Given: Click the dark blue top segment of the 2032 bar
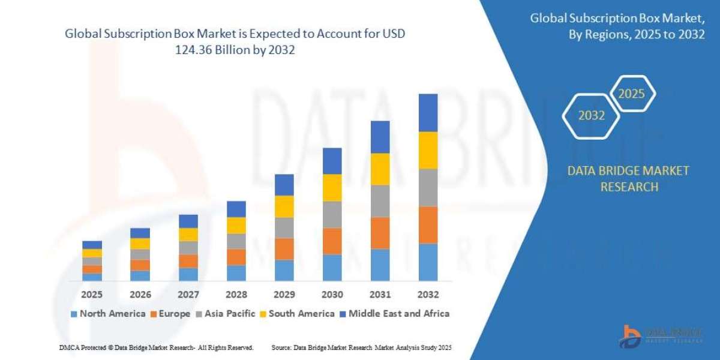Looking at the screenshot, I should click(428, 113).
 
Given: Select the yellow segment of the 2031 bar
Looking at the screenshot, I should click(380, 169).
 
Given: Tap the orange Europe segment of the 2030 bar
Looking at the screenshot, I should click(332, 241).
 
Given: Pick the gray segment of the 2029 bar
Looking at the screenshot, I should click(284, 227).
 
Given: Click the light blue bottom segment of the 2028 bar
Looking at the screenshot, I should click(236, 273).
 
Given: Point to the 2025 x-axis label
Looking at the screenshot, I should click(92, 295).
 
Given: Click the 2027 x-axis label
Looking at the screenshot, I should click(188, 295).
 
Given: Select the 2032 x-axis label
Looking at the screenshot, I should click(428, 295).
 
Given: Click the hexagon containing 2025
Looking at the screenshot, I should click(631, 94).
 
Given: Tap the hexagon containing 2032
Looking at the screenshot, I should click(591, 116).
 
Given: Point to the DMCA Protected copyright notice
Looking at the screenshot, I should click(157, 347).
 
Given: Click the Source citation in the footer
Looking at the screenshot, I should click(361, 347).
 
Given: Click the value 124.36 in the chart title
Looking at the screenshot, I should click(193, 50).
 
